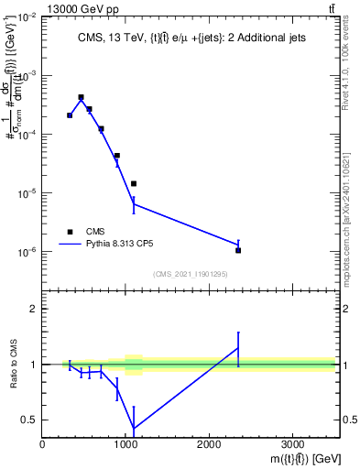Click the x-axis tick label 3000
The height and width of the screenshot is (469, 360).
coord(292,442)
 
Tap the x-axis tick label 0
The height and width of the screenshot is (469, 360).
coord(43,442)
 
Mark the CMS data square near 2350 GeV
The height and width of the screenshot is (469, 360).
coord(238,250)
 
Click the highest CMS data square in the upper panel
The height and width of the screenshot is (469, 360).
coord(81,97)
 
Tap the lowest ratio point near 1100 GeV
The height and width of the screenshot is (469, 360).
coord(134,428)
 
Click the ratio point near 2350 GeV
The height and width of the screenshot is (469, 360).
coord(238,347)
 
